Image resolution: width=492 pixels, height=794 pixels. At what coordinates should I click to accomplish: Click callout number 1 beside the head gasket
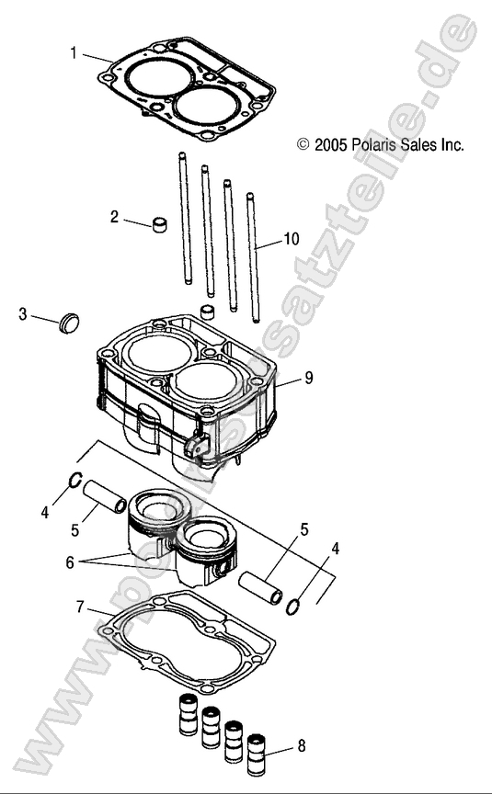74,52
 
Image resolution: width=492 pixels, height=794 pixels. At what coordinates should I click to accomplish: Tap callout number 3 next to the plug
22,315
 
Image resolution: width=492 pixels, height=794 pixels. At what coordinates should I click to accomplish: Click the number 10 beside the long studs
291,239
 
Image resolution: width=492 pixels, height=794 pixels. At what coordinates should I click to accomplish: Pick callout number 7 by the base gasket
80,607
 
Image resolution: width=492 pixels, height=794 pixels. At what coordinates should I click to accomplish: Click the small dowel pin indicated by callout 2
163,224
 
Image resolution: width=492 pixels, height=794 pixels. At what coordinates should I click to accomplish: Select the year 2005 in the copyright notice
328,145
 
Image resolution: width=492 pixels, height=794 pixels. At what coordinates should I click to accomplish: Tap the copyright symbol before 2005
303,145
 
